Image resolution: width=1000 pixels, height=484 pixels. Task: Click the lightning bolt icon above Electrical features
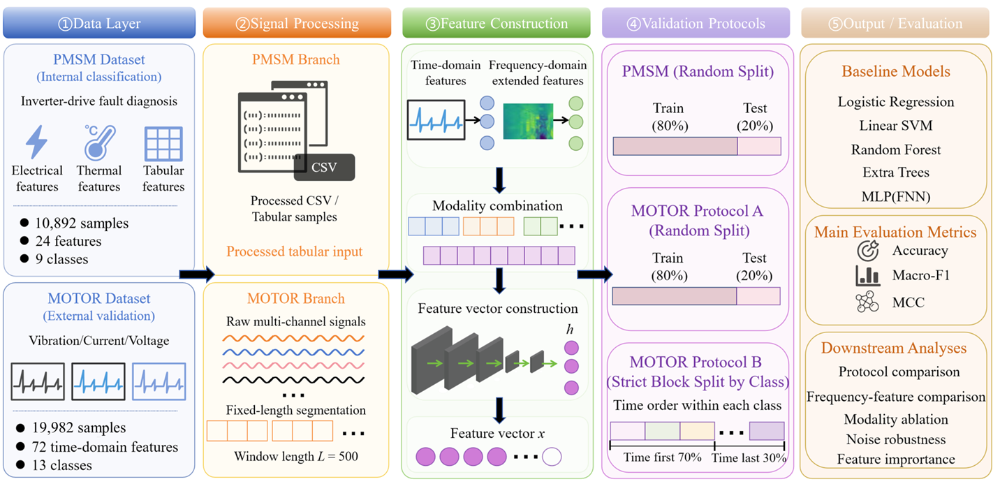[36, 142]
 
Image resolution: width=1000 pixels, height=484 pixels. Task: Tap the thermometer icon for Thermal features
[100, 142]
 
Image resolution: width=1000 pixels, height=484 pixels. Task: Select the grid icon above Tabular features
[163, 144]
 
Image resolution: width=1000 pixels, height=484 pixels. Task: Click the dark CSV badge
[324, 168]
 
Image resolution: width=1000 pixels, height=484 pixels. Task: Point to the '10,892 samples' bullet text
[82, 223]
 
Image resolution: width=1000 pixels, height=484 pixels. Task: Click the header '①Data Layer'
[99, 23]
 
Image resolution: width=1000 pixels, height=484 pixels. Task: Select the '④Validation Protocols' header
[696, 23]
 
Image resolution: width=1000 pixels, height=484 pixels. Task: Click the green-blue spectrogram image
[528, 122]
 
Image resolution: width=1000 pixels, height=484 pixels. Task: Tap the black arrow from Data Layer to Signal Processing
[197, 274]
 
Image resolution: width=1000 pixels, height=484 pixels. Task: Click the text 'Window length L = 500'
[296, 456]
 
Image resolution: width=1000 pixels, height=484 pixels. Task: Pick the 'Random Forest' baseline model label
[895, 149]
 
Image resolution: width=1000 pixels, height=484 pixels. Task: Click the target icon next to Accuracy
[868, 251]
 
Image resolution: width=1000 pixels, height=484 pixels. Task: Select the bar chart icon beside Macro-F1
[868, 275]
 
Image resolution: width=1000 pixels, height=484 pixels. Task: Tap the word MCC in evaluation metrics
[908, 302]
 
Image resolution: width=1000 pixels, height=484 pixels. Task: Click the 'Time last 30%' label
[749, 457]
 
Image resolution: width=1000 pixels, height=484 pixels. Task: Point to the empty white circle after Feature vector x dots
[552, 457]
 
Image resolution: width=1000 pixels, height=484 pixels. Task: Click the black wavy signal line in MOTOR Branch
[293, 381]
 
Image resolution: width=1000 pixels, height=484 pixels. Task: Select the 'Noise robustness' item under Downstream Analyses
[896, 439]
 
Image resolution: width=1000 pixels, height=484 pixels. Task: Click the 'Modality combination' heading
[497, 206]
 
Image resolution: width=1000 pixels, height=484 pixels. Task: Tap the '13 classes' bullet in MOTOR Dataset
[61, 465]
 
